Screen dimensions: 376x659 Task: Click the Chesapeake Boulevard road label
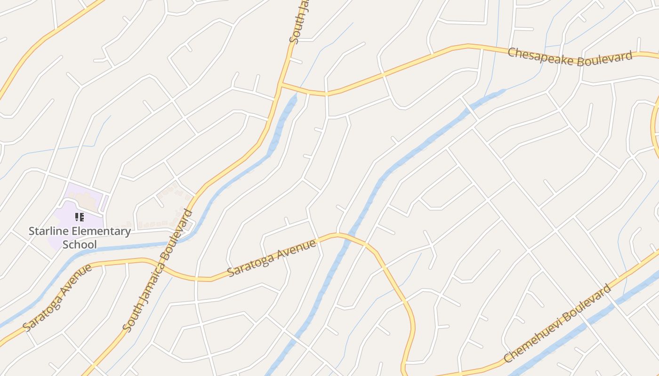click(x=570, y=57)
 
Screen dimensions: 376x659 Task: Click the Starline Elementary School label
click(x=80, y=237)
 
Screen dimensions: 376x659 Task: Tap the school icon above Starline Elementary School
click(x=80, y=217)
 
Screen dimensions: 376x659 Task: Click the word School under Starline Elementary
click(x=80, y=244)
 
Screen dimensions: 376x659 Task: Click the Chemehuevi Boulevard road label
click(x=557, y=323)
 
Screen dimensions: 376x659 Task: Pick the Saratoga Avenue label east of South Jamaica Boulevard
click(x=272, y=258)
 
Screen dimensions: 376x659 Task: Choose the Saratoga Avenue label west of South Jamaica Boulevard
click(x=57, y=298)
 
